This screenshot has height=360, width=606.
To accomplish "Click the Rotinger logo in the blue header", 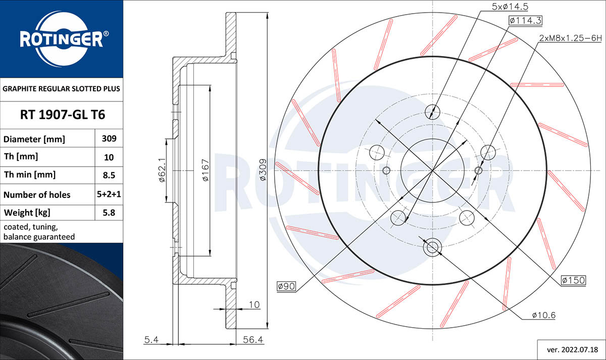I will (62, 38).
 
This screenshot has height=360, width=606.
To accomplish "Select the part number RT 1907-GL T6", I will (62, 115).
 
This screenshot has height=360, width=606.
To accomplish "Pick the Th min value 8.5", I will (109, 175).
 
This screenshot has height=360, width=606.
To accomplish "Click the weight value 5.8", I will (109, 213).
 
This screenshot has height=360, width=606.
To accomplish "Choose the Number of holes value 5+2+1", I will (109, 194).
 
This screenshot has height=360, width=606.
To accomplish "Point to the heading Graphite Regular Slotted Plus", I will (62, 88).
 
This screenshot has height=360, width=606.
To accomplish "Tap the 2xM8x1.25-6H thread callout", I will (570, 38).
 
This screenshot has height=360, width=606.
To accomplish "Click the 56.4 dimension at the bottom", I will (253, 340).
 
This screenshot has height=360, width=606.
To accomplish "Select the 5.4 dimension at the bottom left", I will (152, 340).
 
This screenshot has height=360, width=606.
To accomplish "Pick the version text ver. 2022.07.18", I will (570, 348).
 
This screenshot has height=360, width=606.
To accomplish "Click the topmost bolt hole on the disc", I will (432, 111).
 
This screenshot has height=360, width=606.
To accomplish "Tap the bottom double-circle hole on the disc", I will (432, 247).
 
